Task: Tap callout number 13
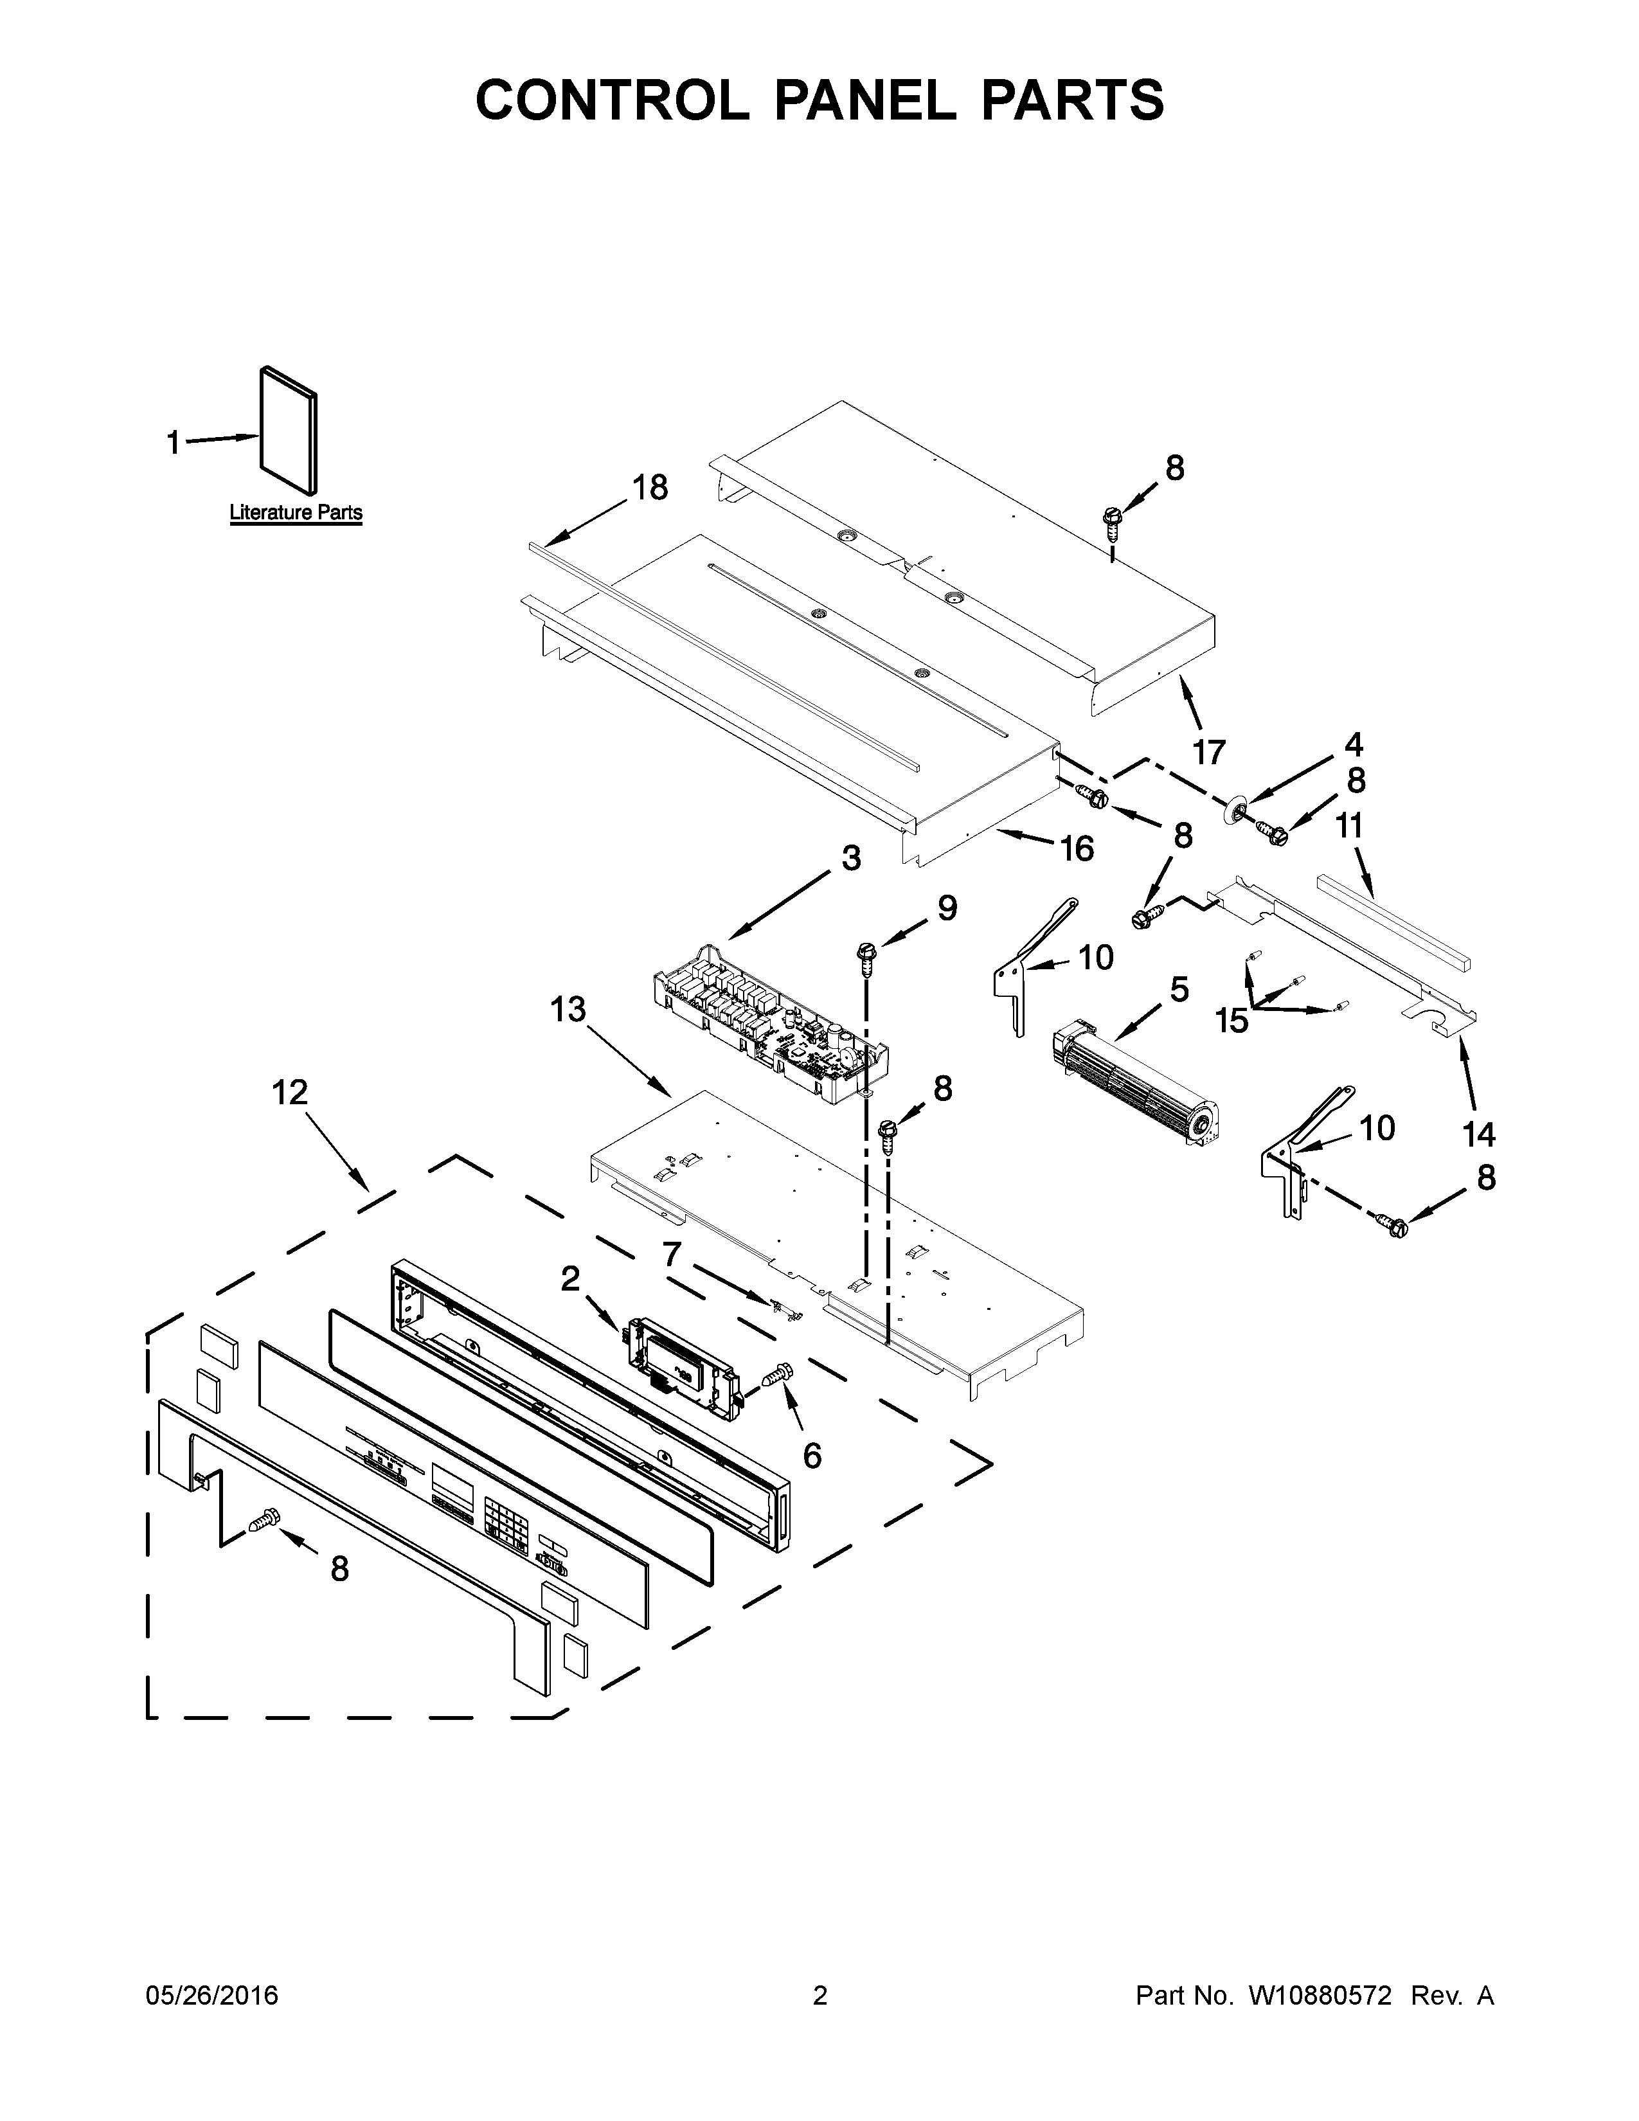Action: coord(568,1010)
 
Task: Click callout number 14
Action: coord(1479,1133)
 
